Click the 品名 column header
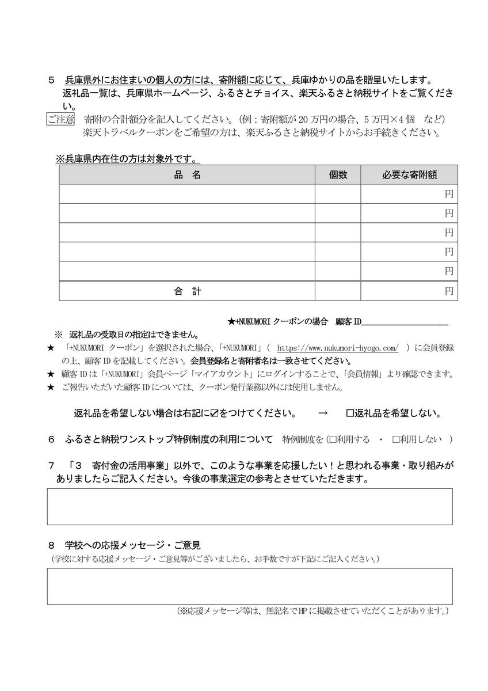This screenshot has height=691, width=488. click(187, 175)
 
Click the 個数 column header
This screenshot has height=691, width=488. click(338, 175)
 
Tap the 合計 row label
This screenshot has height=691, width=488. click(187, 291)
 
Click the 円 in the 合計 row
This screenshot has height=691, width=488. click(449, 291)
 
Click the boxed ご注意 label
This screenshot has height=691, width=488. click(60, 120)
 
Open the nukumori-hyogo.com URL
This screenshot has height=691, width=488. click(338, 348)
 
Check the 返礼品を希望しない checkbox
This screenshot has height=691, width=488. click(350, 413)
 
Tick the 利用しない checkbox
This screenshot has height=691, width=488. click(396, 440)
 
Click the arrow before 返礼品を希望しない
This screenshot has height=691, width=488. click(323, 413)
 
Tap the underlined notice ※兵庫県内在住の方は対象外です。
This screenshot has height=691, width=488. click(127, 158)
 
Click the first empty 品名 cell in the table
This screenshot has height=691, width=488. click(187, 194)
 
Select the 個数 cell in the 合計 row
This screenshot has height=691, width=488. click(338, 291)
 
